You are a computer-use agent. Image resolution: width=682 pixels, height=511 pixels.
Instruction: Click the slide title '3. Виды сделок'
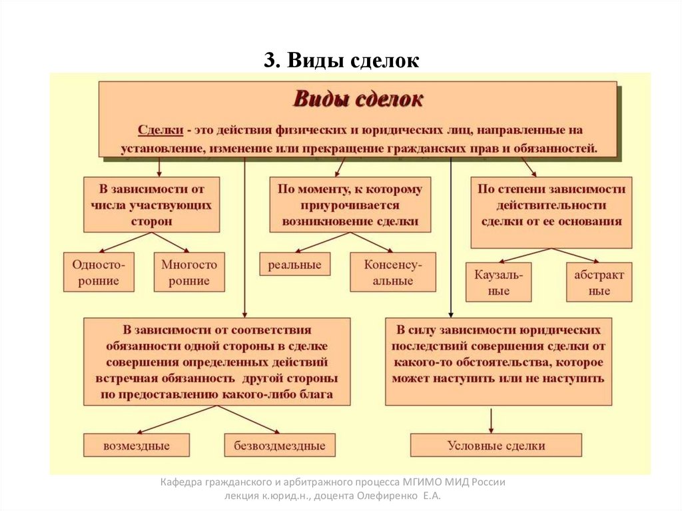(x=341, y=61)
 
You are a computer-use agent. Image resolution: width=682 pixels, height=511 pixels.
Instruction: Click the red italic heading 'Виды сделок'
(x=358, y=100)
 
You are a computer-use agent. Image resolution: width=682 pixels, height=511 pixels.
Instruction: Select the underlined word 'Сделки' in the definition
(x=161, y=130)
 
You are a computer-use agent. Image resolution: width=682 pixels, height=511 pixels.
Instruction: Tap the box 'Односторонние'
(x=99, y=272)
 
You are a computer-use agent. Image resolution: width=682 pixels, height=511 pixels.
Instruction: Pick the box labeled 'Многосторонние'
(x=189, y=272)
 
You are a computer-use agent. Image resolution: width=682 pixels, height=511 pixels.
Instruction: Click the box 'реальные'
(x=294, y=265)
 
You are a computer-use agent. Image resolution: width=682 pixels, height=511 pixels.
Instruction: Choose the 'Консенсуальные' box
(x=392, y=272)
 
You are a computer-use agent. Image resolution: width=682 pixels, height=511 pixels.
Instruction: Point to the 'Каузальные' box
(x=498, y=282)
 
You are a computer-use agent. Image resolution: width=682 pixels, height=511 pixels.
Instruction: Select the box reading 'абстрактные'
(x=599, y=282)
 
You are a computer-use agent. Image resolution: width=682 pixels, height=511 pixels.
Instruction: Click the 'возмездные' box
(x=137, y=446)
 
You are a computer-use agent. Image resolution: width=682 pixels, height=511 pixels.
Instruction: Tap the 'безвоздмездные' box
(x=280, y=446)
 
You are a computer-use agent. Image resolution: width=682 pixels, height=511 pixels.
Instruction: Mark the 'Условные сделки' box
(x=496, y=446)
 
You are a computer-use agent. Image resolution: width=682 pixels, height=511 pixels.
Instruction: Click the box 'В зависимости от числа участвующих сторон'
(x=152, y=205)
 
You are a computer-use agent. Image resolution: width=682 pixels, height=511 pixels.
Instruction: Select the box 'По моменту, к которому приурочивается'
(x=350, y=205)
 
